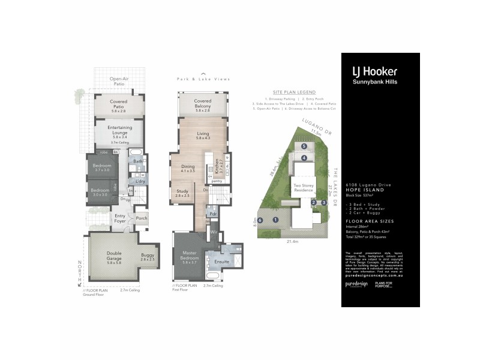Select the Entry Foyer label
[x=120, y=218]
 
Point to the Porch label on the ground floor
[x=142, y=218]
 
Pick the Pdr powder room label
[x=213, y=213]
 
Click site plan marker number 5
[x=304, y=146]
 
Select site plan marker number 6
[x=260, y=220]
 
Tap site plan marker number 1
[x=275, y=220]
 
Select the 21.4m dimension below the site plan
[x=293, y=242]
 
